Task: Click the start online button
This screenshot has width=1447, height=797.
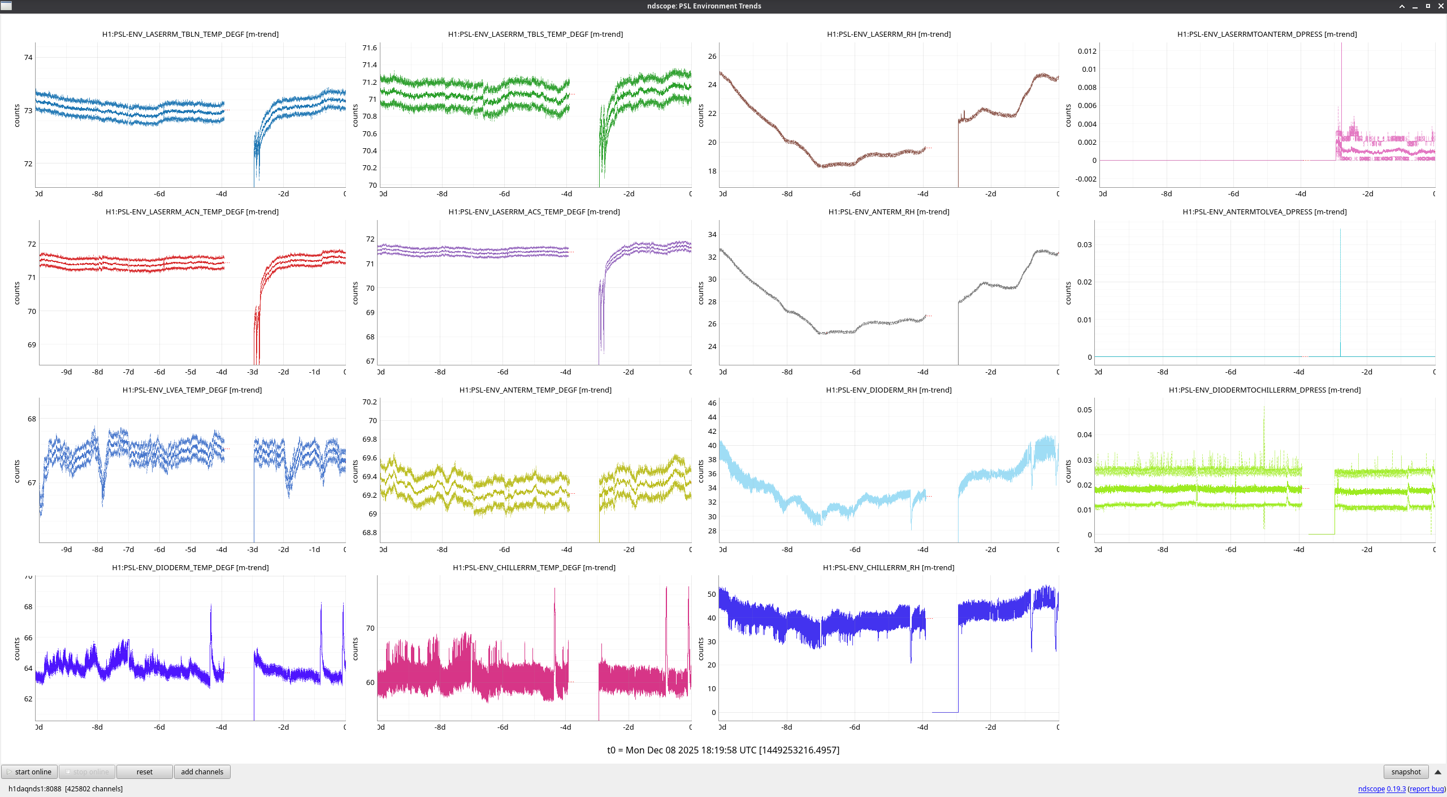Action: [29, 772]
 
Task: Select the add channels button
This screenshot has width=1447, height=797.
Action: [202, 772]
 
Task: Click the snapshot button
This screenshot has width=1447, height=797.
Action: [1405, 772]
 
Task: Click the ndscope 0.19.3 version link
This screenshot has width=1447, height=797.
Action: [1381, 789]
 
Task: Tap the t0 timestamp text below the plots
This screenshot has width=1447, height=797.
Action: [723, 750]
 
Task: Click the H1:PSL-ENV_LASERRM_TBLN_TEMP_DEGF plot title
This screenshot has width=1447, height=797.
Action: [190, 34]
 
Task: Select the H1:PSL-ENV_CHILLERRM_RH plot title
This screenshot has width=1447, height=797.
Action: [888, 567]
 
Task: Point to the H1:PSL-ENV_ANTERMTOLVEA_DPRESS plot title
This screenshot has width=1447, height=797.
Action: [1264, 212]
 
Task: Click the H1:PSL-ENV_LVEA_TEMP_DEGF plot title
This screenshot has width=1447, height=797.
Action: [192, 390]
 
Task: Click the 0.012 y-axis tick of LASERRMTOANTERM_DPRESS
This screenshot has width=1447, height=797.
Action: [1086, 51]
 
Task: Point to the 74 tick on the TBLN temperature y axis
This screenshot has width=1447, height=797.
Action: [28, 57]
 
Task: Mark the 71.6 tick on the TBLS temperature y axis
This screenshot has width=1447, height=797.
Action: [370, 48]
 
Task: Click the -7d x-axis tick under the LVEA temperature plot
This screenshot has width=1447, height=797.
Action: [128, 549]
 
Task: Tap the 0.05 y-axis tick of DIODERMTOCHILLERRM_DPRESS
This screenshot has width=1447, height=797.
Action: [1084, 410]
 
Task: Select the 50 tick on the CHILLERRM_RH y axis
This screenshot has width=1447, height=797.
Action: [711, 594]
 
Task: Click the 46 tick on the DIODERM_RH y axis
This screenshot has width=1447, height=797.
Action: [712, 403]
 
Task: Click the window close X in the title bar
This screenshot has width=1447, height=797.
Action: [1440, 6]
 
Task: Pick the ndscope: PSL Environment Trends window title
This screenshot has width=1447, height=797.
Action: [704, 6]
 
